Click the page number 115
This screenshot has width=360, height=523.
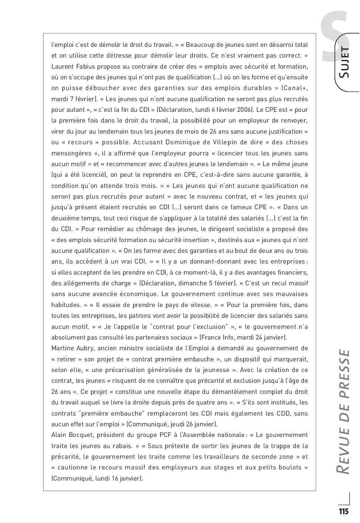click(x=343, y=511)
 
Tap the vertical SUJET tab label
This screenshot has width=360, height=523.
click(x=344, y=62)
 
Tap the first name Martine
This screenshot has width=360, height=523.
click(x=63, y=348)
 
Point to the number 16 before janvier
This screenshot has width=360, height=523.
click(x=114, y=478)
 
